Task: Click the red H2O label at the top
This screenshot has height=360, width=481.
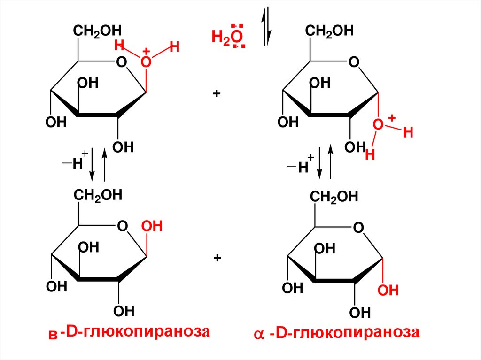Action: pyautogui.click(x=228, y=37)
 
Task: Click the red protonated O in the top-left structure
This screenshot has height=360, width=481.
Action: pyautogui.click(x=147, y=62)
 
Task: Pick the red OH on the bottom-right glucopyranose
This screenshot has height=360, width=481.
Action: pyautogui.click(x=388, y=290)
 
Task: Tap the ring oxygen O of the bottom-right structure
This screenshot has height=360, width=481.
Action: pyautogui.click(x=358, y=229)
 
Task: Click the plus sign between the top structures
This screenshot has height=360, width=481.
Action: pyautogui.click(x=217, y=94)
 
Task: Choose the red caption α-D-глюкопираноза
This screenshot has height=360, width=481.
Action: pyautogui.click(x=335, y=333)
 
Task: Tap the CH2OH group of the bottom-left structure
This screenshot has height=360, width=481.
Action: pyautogui.click(x=97, y=195)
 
